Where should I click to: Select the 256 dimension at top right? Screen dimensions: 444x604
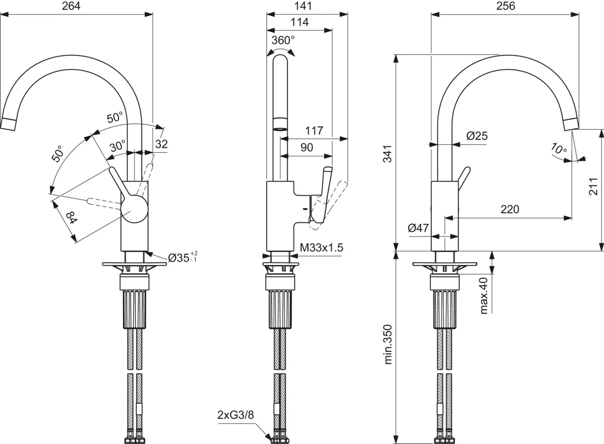pos(505,7)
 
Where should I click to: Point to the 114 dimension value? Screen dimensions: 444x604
pos(299,22)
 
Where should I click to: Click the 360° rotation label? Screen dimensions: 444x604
pos(283,41)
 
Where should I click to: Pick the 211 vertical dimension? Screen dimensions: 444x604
pos(593,186)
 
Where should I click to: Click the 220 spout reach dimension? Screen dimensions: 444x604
pos(509,209)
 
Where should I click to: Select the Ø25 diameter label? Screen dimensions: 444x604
pos(476,136)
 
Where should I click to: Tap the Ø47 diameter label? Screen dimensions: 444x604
pos(418,228)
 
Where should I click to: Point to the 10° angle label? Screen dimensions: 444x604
pos(558,149)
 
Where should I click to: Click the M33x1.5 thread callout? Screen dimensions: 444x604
pos(321,247)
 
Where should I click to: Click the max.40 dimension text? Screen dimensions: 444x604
pos(484,296)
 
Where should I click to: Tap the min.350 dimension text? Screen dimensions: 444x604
pos(388,344)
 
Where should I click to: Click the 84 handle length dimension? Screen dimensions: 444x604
pos(70,218)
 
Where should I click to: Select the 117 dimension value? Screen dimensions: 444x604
pos(314,131)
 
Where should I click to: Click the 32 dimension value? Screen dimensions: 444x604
pos(161,144)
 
